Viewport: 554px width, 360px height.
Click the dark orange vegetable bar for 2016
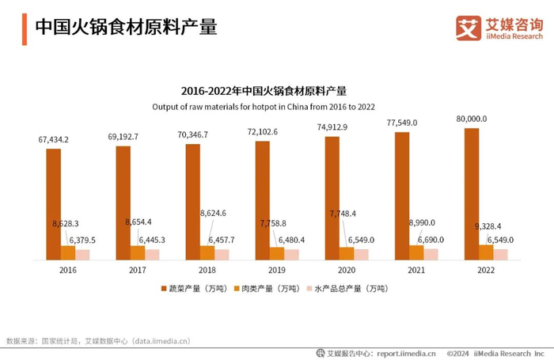[x=53, y=204]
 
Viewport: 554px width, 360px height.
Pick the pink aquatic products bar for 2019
[x=291, y=254]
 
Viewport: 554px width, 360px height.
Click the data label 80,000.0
[x=470, y=119]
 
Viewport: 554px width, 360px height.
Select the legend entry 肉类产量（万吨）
[x=270, y=290]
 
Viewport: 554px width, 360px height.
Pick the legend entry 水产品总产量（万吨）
[x=347, y=290]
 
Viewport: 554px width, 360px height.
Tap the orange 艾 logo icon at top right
[x=468, y=28]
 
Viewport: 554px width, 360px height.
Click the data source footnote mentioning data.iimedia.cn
[x=99, y=341]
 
